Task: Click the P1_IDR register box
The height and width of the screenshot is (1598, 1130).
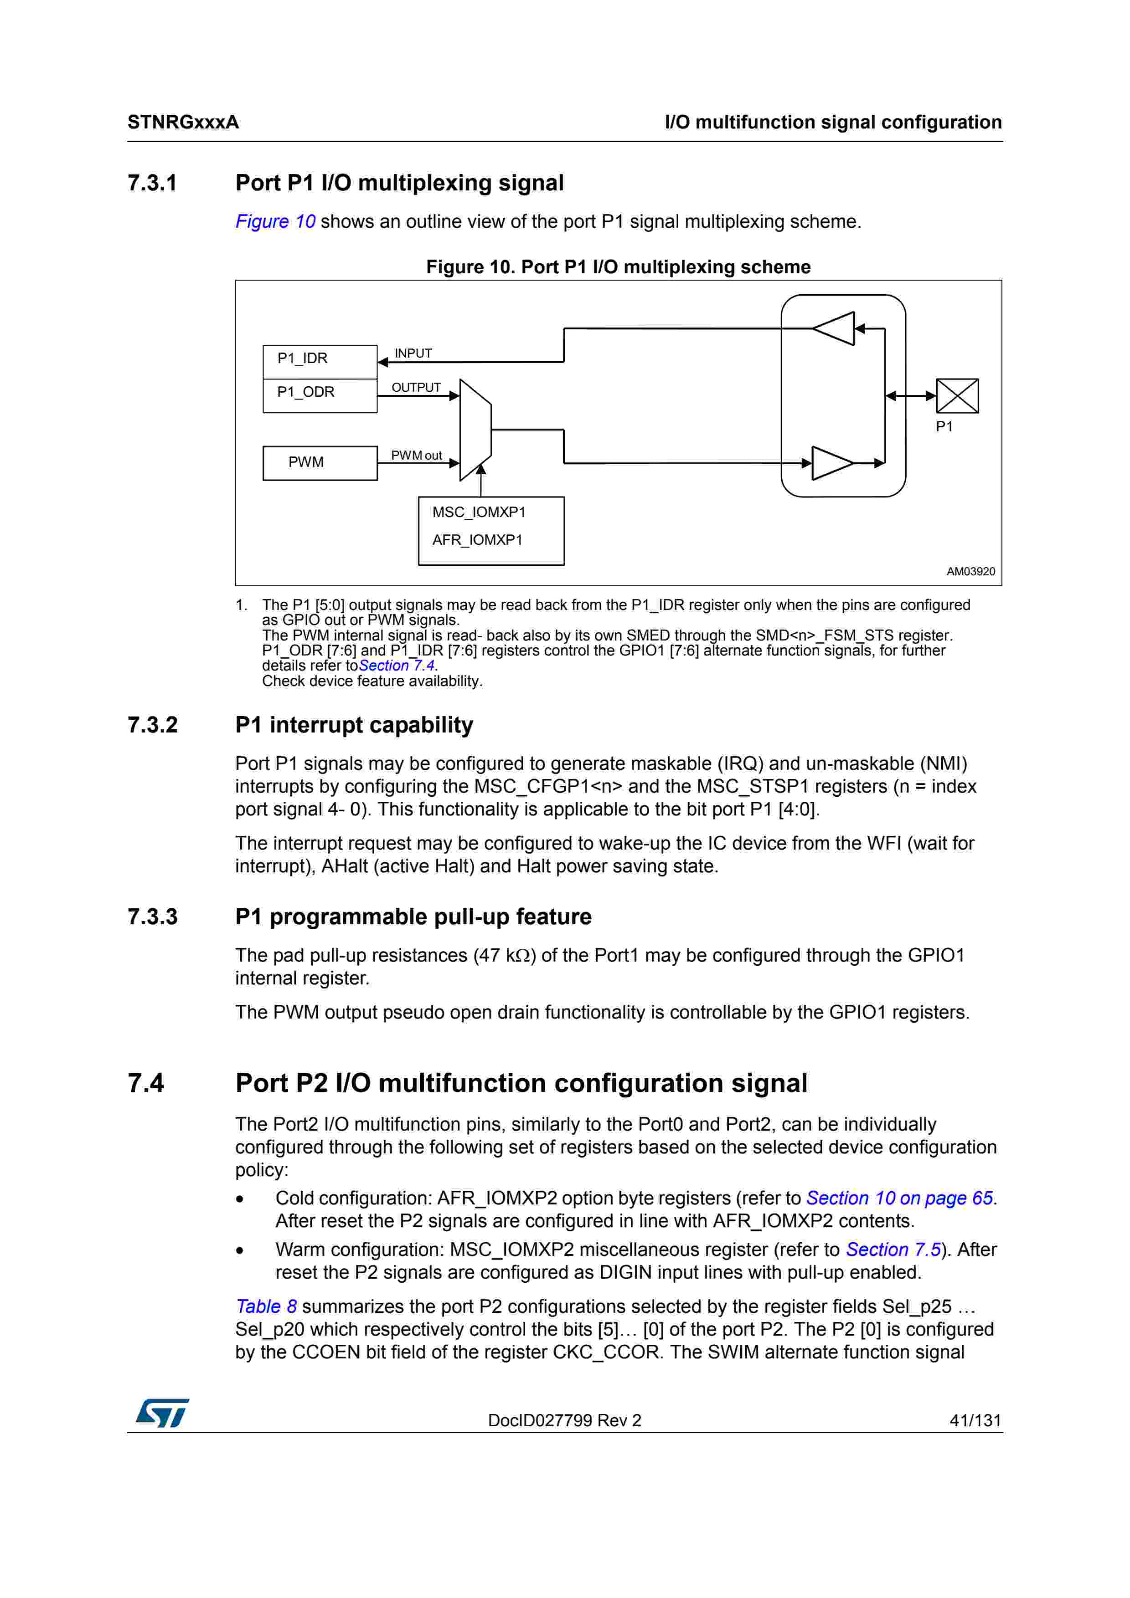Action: coord(320,361)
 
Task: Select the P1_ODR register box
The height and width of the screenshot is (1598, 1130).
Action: coord(320,395)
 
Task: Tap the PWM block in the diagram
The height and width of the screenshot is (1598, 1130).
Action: coord(320,463)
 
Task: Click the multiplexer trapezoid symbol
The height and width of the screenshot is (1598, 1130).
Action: coord(475,430)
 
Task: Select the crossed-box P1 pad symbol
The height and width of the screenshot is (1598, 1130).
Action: coord(957,396)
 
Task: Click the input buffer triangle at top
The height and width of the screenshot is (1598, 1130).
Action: coord(835,328)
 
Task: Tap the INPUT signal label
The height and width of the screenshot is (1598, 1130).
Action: coord(413,353)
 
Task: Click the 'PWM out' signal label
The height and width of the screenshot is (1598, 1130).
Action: coord(416,455)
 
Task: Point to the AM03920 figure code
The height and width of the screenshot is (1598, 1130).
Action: coord(970,571)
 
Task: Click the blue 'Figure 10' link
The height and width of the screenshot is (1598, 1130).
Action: coord(275,221)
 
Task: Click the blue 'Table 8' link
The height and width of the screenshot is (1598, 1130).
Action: coord(266,1306)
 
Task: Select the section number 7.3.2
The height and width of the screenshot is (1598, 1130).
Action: coord(153,725)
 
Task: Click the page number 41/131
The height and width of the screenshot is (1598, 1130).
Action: coord(975,1420)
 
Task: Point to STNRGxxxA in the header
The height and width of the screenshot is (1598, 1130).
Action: coord(183,123)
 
